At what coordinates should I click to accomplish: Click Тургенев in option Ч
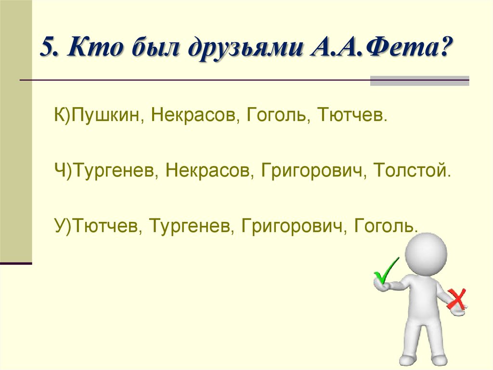coord(113,171)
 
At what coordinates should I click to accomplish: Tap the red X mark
coord(456,299)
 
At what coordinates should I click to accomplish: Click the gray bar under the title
coord(419,81)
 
